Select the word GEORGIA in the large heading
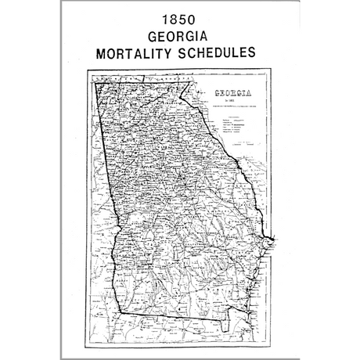point(179,37)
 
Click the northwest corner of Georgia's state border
point(95,82)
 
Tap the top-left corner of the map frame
point(88,72)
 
